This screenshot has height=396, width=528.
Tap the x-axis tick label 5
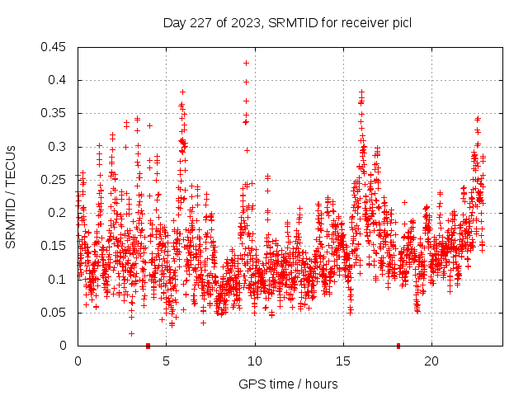[x=167, y=361]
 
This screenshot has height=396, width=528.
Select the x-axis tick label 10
[x=255, y=361]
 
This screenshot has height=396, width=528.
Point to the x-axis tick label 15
[x=343, y=361]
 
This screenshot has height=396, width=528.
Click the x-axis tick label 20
[x=431, y=361]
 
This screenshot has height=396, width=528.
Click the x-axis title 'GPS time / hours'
[x=287, y=384]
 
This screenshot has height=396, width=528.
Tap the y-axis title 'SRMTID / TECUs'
[x=12, y=196]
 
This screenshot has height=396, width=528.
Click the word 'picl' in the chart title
[x=401, y=22]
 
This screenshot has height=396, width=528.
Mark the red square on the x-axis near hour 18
[x=398, y=345]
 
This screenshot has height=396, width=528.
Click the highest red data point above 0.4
[x=246, y=63]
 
